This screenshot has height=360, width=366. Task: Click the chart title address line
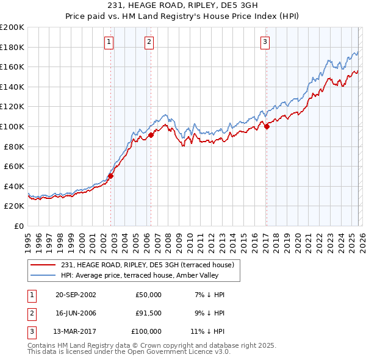[182, 6]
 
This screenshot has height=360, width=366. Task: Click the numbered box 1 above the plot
[109, 42]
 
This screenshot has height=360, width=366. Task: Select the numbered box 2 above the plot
[149, 42]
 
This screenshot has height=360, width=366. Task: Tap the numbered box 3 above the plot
[265, 42]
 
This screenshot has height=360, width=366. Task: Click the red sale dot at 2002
[111, 176]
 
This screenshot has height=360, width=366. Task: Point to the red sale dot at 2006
[151, 135]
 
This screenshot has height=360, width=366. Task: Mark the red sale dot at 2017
[267, 126]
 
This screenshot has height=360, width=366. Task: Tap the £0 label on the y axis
[18, 226]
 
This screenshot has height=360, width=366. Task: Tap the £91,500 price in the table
[148, 313]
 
